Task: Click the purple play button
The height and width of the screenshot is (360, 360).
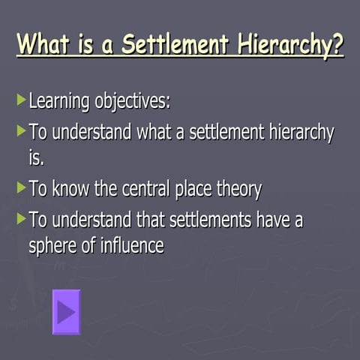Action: click(x=66, y=311)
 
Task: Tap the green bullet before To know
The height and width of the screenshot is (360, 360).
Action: click(x=21, y=187)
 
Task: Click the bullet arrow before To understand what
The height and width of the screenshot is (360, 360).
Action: click(x=21, y=130)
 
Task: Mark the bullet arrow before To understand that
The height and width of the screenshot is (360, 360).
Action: click(x=21, y=219)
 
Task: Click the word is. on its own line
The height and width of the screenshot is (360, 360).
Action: click(x=37, y=158)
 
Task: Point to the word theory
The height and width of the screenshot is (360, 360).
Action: click(x=238, y=190)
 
